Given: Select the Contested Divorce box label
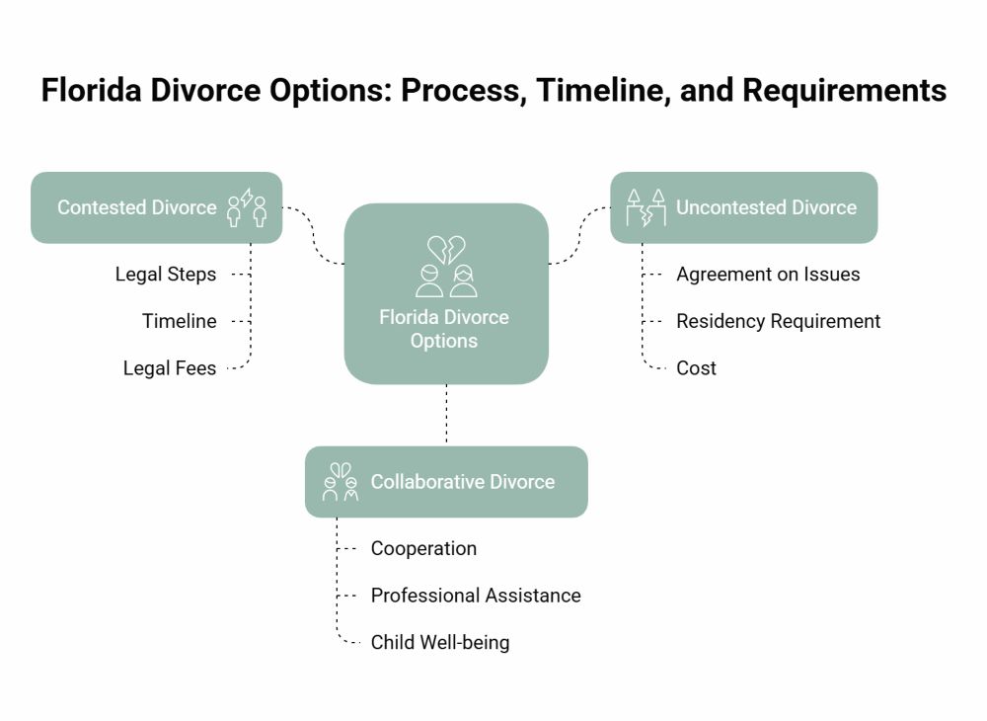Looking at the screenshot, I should click(136, 207).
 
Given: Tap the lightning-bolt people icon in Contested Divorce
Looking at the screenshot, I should click(247, 207).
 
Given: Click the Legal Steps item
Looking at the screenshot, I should click(166, 275).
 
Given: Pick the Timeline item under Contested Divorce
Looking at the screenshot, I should click(179, 321).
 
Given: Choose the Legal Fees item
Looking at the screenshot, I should click(170, 368).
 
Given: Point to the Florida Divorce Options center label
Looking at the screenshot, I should click(444, 329).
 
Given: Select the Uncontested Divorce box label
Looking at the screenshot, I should click(766, 207).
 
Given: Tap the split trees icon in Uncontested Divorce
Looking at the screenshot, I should click(646, 207).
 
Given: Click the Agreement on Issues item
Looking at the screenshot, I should click(768, 275).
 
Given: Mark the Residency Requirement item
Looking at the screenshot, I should click(778, 321).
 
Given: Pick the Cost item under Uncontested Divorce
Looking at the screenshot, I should click(696, 368).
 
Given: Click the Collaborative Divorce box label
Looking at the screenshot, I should click(462, 482).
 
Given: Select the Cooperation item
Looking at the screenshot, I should click(423, 549).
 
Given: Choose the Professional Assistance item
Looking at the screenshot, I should click(476, 596).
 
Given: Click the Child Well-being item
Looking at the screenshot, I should click(440, 643).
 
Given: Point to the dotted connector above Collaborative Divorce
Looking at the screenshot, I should click(446, 415).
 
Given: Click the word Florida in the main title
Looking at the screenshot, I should click(103, 91).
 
